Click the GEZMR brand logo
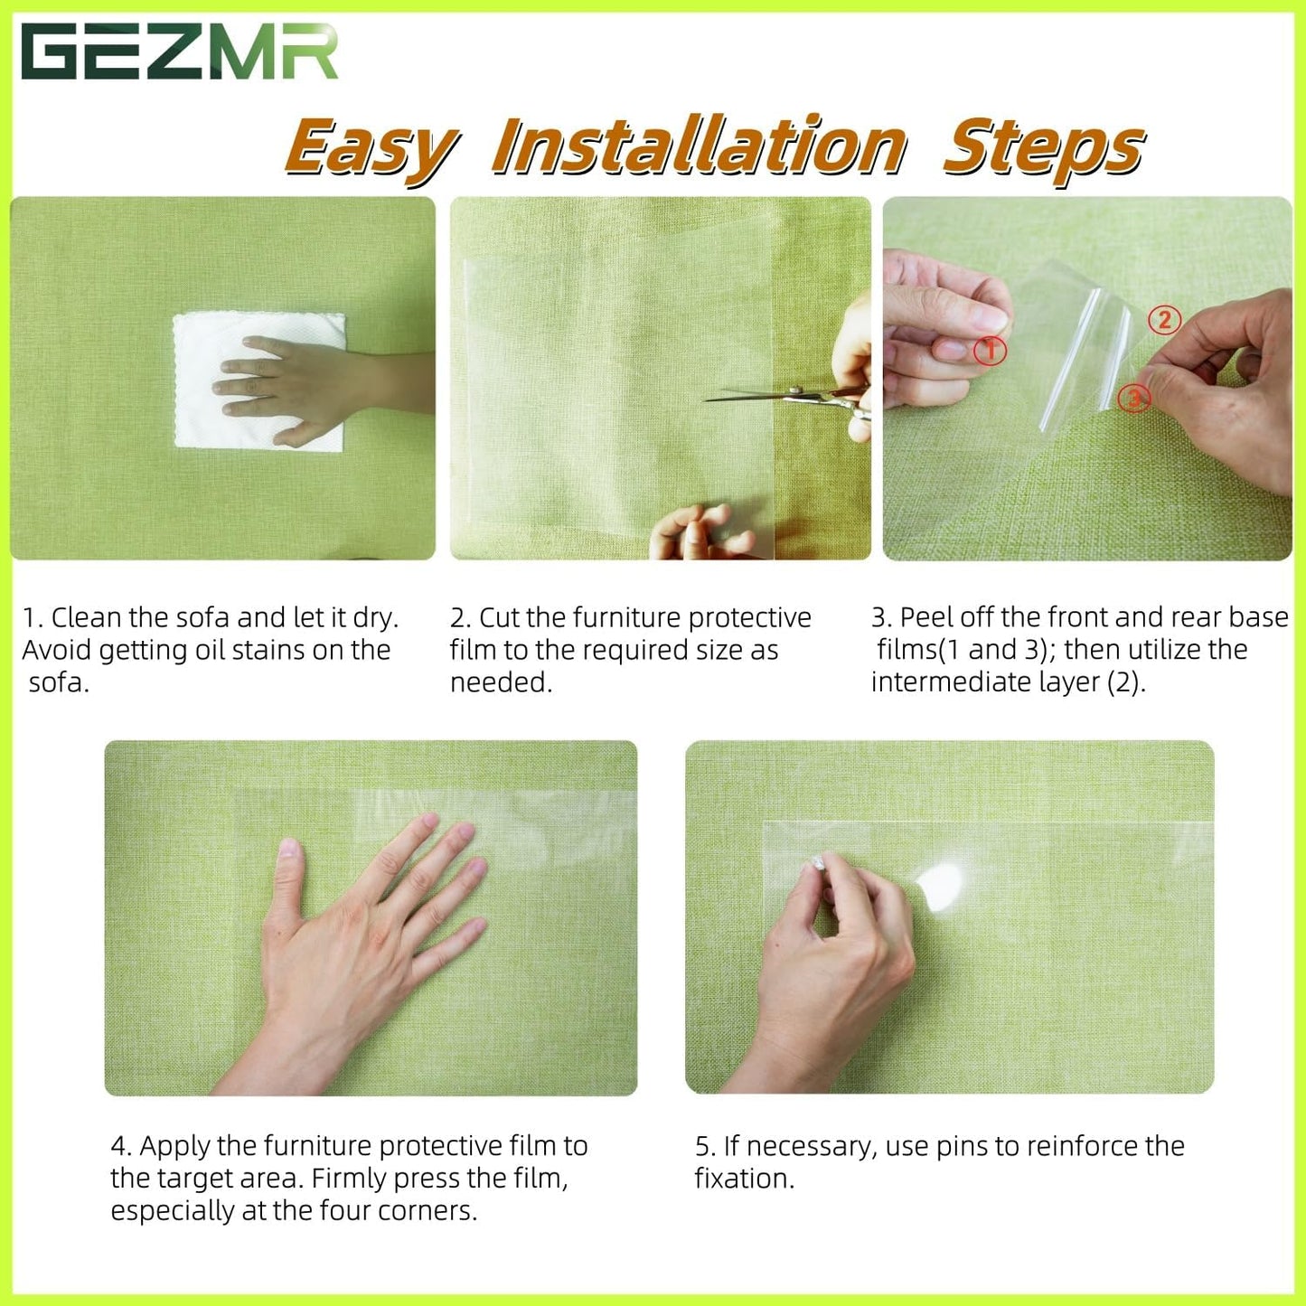tap(179, 52)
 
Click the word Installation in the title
tap(699, 146)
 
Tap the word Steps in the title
tap(1044, 146)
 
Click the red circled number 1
tap(990, 350)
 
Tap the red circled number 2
tap(1164, 320)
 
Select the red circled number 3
tap(1133, 397)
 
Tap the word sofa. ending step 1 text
tap(59, 682)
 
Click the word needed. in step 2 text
tap(501, 682)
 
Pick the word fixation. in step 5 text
tap(744, 1179)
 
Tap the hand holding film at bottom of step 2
tap(700, 533)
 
